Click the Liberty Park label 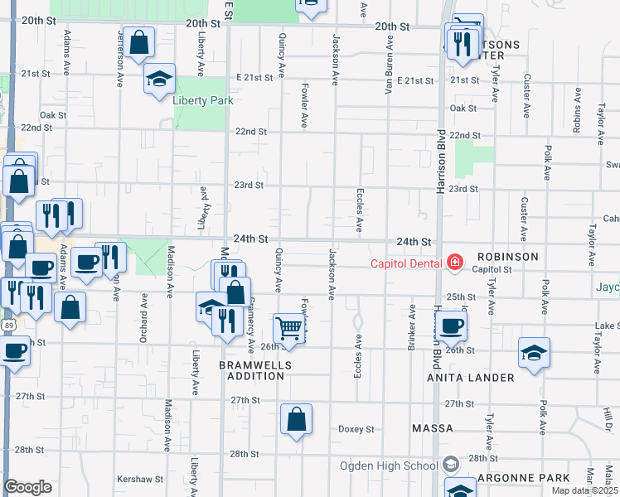(203, 100)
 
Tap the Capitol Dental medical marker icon (454, 263)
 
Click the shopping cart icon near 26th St (288, 328)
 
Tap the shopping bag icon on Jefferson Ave (139, 41)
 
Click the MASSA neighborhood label (433, 428)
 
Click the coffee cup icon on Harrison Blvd (451, 326)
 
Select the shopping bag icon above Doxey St (296, 419)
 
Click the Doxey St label (356, 429)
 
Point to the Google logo (27, 487)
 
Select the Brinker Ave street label (411, 327)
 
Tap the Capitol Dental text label (406, 264)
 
